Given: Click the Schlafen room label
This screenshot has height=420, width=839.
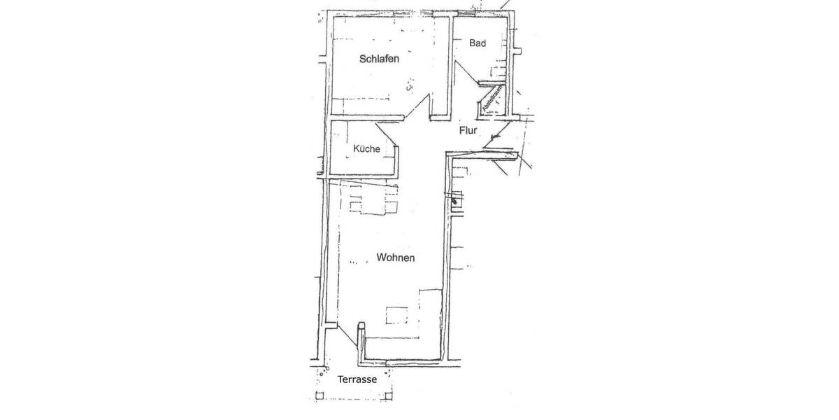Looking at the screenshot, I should coord(379,59).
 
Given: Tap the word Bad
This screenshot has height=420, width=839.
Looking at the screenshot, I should coord(478,43).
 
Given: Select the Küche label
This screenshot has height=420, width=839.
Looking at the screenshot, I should coord(366,148).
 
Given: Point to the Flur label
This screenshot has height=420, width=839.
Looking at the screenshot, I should coord(468,130).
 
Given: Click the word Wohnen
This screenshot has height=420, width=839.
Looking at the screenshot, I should coord(396,258).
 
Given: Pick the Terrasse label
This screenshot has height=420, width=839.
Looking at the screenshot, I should coord(357,379).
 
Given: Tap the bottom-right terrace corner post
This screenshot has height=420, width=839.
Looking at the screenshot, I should coord(390,396).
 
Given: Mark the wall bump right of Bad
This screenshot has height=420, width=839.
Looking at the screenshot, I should coord(518,50).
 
